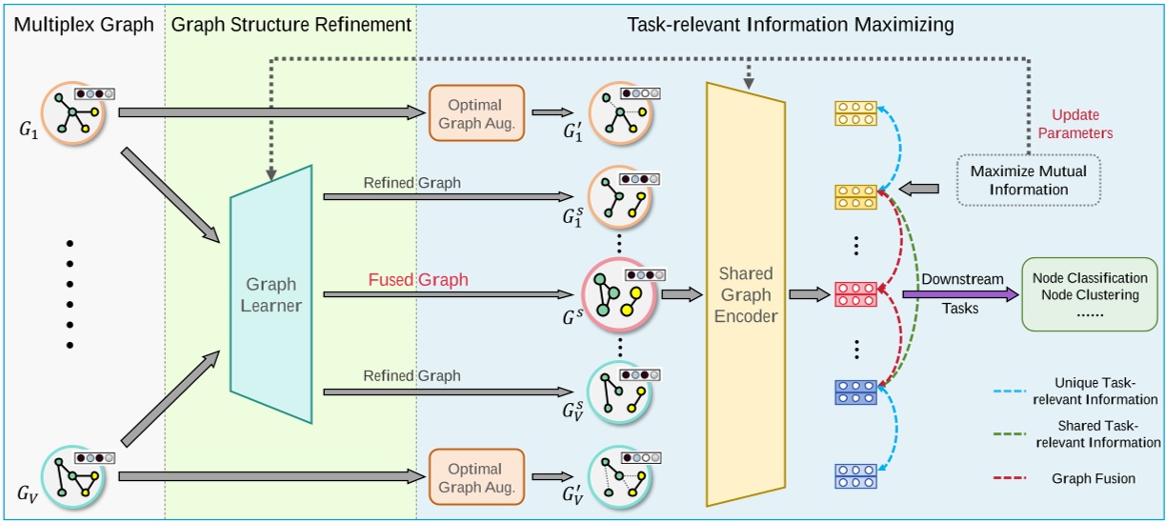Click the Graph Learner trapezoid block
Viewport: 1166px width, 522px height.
[x=271, y=294]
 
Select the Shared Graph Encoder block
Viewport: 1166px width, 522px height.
[x=746, y=294]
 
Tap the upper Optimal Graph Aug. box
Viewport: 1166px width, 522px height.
[x=476, y=112]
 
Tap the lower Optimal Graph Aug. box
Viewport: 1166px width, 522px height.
[x=476, y=477]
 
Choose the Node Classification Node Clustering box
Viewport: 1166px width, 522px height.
[x=1090, y=294]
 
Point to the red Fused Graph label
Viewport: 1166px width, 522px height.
[x=418, y=280]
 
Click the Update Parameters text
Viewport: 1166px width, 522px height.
[x=1082, y=124]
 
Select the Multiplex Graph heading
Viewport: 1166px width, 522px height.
[x=83, y=25]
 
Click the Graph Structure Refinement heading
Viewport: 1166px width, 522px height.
[x=291, y=25]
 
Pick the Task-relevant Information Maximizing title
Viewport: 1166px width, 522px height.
[x=790, y=25]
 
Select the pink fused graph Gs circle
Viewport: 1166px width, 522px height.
[x=615, y=294]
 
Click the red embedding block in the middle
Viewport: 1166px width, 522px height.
[x=855, y=294]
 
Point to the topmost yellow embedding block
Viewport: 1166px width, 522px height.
[x=855, y=113]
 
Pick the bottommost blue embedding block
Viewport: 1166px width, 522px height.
[x=855, y=475]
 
